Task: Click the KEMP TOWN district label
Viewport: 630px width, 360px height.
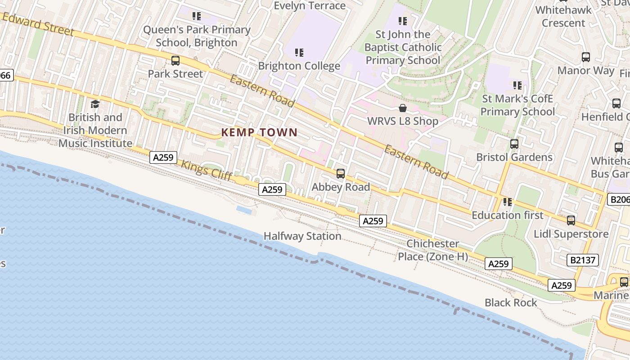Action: (259, 132)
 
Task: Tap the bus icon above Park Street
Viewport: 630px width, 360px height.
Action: (175, 60)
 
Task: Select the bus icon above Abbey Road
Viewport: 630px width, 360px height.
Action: (341, 173)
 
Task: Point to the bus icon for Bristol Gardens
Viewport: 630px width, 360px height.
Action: (514, 144)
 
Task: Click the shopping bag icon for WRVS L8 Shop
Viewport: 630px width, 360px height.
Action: (403, 108)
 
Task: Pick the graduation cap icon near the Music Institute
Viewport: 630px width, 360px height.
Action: (95, 104)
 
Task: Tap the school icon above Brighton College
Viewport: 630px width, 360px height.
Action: (299, 53)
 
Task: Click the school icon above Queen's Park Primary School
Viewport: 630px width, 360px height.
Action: (197, 16)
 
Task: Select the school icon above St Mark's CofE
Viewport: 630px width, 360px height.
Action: (517, 85)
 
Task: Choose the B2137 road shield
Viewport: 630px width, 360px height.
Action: (583, 260)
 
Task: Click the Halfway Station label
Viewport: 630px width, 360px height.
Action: (302, 236)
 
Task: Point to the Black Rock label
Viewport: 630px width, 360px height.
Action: (511, 303)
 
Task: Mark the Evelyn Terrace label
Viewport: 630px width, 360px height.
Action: (310, 5)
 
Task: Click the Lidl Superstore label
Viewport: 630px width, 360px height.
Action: (571, 234)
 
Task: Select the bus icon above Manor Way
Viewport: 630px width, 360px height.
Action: (585, 57)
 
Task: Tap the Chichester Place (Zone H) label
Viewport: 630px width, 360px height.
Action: (433, 250)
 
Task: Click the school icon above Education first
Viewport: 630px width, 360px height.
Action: (508, 202)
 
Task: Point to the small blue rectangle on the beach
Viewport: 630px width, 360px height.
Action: (244, 210)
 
